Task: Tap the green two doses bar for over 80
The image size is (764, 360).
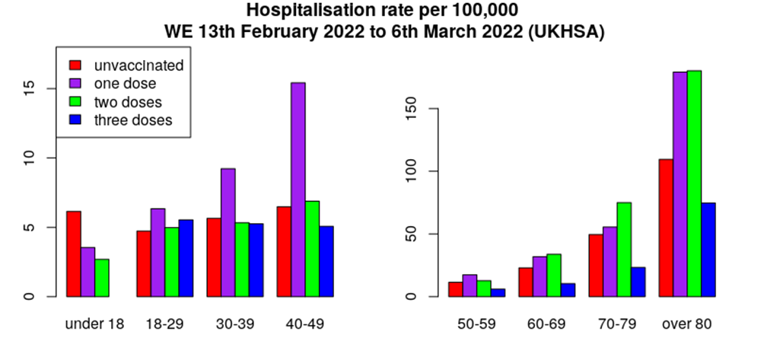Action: point(693,183)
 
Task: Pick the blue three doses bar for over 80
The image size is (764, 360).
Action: point(708,250)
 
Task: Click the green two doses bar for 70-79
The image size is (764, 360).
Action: point(624,249)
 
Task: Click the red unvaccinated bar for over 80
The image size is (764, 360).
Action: point(665,228)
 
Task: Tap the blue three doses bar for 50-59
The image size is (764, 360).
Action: point(498,292)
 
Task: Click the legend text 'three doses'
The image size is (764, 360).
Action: point(133,120)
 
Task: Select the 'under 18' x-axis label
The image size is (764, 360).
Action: point(94,323)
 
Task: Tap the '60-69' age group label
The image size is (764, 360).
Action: point(546,323)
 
